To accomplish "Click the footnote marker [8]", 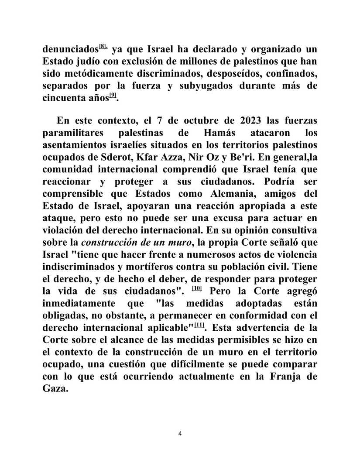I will point(103,46).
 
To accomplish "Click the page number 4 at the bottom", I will point(180,433).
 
